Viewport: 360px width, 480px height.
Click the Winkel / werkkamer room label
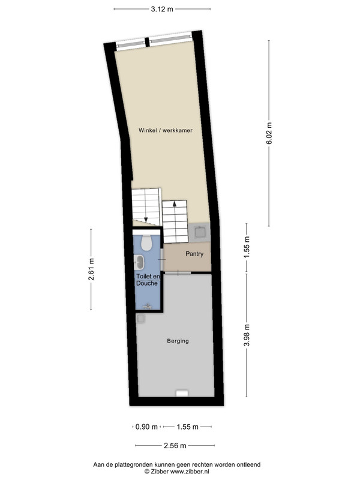click(x=166, y=130)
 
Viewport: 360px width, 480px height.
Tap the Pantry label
click(x=194, y=254)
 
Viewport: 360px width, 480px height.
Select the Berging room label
click(x=178, y=341)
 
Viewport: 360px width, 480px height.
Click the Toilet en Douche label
click(x=148, y=280)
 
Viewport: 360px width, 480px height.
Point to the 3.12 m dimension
click(x=162, y=9)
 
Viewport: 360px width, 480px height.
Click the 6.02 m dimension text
click(x=269, y=133)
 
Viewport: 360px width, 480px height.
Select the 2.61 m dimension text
click(x=91, y=269)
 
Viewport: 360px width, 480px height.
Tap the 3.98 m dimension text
click(x=247, y=335)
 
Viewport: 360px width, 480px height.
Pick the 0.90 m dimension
click(x=146, y=427)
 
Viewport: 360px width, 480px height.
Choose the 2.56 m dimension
click(x=175, y=445)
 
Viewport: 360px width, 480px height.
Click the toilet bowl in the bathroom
click(x=146, y=243)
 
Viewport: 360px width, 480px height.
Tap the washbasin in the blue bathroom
click(x=139, y=262)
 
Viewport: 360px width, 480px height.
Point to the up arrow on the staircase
click(x=175, y=204)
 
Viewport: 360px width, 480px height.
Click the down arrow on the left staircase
click(x=146, y=219)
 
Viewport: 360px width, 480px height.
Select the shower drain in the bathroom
click(x=148, y=307)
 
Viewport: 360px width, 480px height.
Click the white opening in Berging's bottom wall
click(x=182, y=393)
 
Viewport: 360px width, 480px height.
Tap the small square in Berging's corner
click(x=141, y=319)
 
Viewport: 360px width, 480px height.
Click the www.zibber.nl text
click(x=190, y=472)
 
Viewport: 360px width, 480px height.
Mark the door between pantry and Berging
click(x=178, y=272)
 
